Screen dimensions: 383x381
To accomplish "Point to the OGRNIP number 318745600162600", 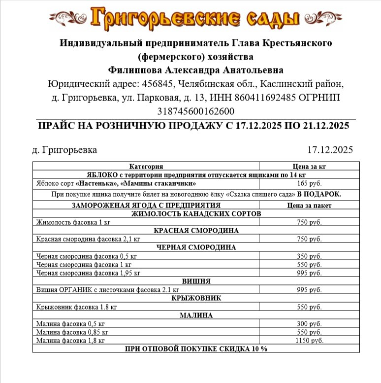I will [x=195, y=111].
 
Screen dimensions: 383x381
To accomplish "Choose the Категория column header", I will [x=146, y=167].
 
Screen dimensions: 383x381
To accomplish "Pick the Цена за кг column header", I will [x=309, y=167].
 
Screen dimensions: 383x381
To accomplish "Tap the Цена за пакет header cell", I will [x=309, y=205].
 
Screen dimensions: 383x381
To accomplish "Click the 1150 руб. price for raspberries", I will [x=309, y=341].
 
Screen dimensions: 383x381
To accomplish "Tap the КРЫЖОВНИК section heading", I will [x=196, y=298].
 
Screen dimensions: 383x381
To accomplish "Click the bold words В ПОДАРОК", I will [x=318, y=194].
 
